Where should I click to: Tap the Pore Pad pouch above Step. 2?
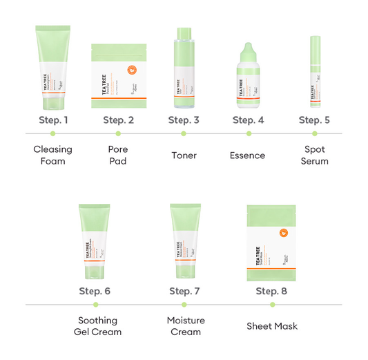(x=118, y=76)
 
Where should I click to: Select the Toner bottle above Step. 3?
(x=184, y=69)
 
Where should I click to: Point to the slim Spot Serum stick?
(x=314, y=73)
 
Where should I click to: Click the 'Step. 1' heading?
(x=53, y=120)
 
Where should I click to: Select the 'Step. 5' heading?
(x=314, y=120)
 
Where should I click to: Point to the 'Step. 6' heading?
(x=95, y=291)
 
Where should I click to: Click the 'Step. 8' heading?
(x=271, y=291)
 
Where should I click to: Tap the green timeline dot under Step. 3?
(x=184, y=133)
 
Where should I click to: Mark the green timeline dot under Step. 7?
(x=184, y=304)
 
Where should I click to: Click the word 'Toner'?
(x=184, y=155)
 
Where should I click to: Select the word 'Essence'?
(x=247, y=155)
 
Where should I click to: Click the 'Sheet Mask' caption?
(x=272, y=326)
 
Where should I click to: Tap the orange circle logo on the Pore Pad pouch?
(x=131, y=69)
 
